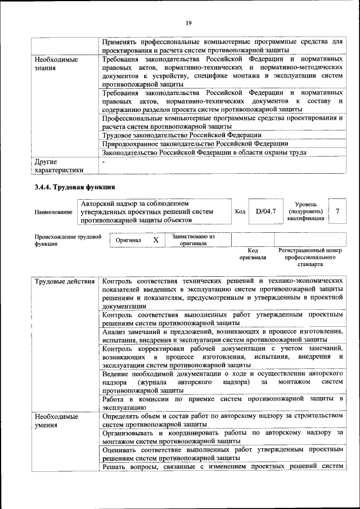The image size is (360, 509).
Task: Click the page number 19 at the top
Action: coord(188,22)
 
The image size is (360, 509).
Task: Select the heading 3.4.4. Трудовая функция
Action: coord(74,187)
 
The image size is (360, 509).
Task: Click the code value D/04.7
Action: coord(265,211)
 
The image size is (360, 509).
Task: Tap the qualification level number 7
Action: coord(337,211)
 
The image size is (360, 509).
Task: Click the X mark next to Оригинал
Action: coord(155,240)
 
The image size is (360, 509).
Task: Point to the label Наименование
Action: coord(53,212)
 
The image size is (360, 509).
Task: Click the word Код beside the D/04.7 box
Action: coord(240,211)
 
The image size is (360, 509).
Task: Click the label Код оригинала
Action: coord(253,254)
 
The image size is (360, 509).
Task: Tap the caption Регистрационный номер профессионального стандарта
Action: coord(310,257)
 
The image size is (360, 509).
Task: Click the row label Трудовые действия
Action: coord(64,280)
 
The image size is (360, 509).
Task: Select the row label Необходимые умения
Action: coord(56,421)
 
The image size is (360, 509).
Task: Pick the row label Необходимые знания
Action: coord(56,63)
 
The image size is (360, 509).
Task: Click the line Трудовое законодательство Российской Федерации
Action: coord(182,135)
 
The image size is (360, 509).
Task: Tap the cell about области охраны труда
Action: coord(204,152)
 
